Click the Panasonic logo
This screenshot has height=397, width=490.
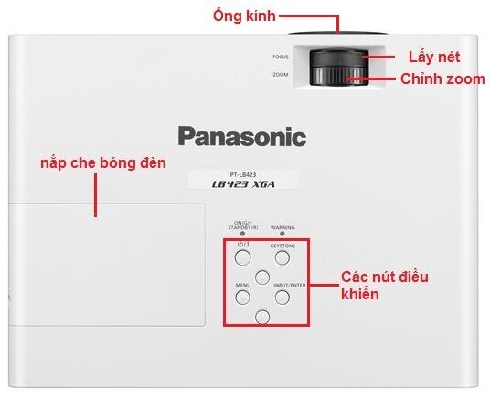click(x=241, y=138)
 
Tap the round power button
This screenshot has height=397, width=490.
click(x=242, y=258)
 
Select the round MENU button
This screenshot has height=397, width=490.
click(x=242, y=298)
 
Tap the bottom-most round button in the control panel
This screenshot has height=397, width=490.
click(x=263, y=317)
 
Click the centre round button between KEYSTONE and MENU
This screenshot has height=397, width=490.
click(x=263, y=277)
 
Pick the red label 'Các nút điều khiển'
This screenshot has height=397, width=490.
click(x=384, y=285)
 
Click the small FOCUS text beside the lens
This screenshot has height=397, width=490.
click(x=280, y=57)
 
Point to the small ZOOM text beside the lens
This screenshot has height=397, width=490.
click(x=281, y=74)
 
